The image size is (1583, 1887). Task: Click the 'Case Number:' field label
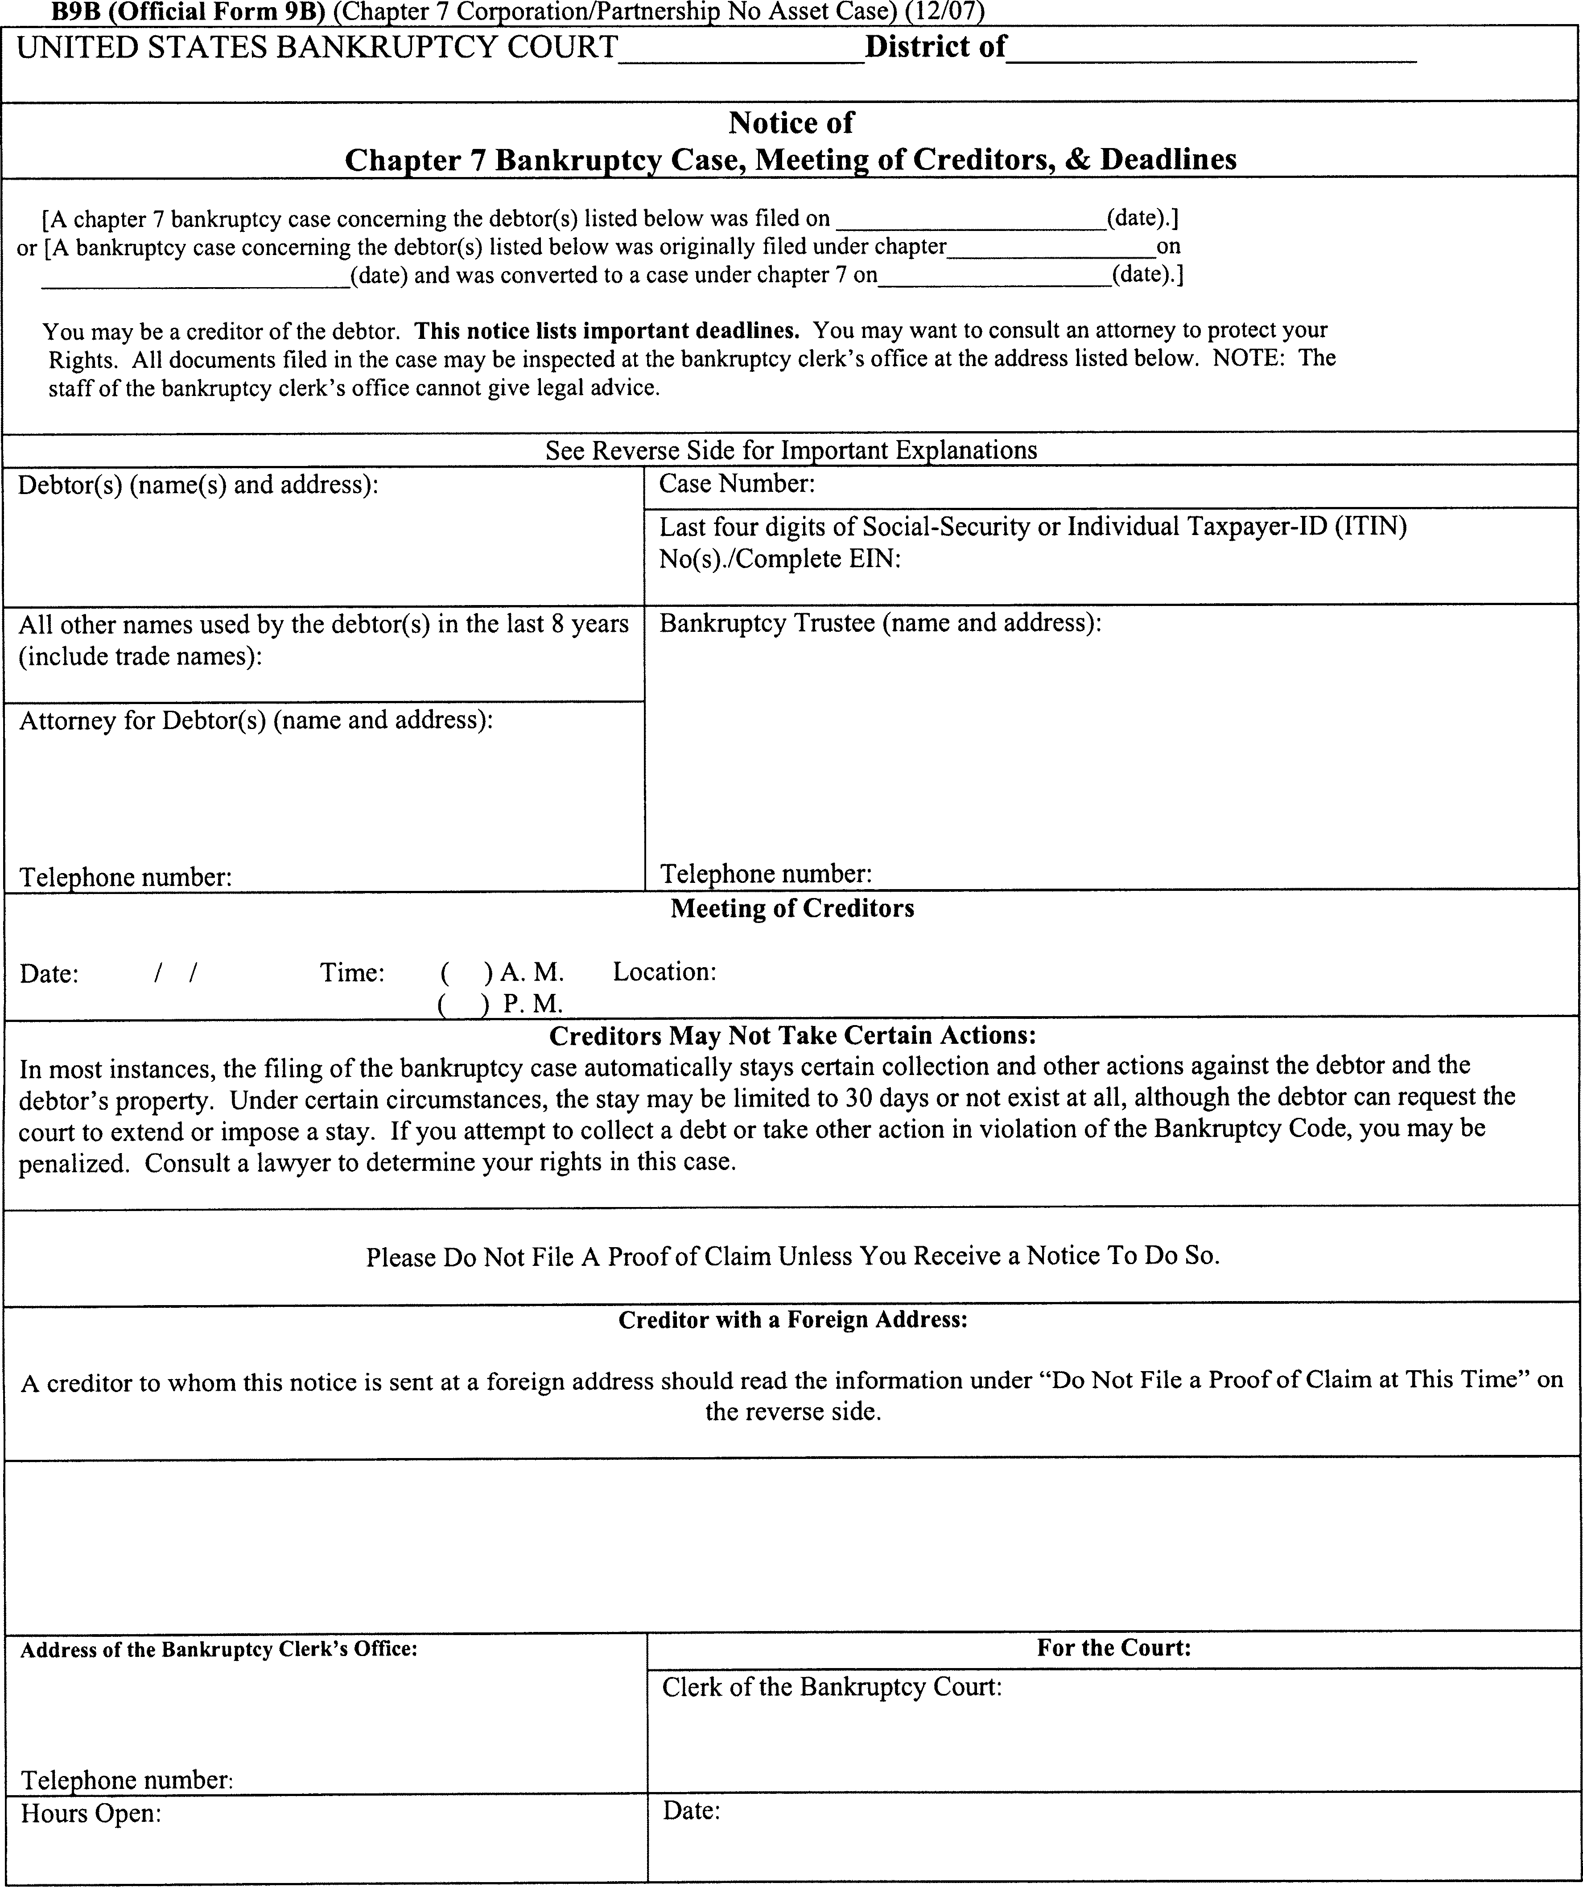coord(737,484)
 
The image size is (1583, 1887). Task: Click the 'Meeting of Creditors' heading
coord(791,908)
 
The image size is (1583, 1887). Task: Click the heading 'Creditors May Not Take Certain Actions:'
coord(791,1035)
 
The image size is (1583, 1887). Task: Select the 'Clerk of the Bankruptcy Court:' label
coord(831,1687)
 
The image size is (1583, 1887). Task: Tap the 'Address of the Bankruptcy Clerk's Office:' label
coord(218,1650)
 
